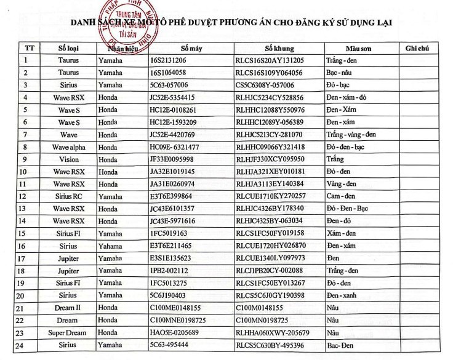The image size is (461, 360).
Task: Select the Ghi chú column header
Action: pyautogui.click(x=417, y=48)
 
